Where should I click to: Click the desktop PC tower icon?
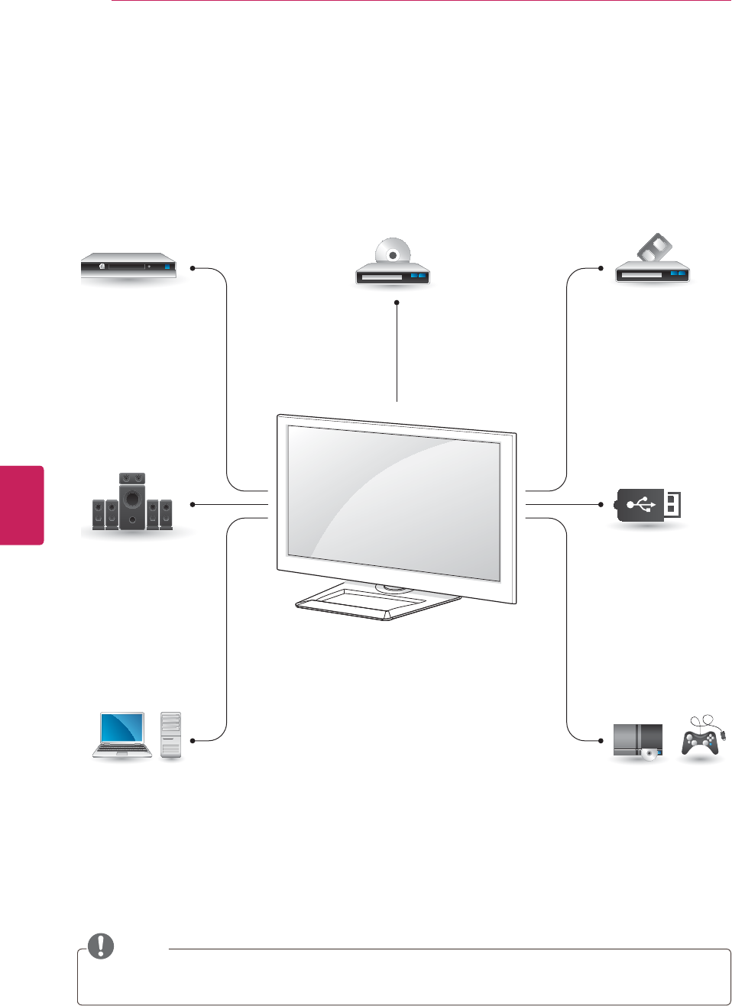click(171, 735)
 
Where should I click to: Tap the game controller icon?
click(700, 741)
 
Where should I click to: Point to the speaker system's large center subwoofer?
click(132, 501)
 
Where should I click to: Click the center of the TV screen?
click(394, 503)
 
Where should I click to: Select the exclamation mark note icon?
click(101, 946)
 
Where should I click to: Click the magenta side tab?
click(21, 505)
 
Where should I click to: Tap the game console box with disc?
click(638, 741)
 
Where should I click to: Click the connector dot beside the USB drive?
click(602, 505)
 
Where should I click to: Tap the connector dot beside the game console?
click(602, 740)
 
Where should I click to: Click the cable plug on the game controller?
click(723, 736)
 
